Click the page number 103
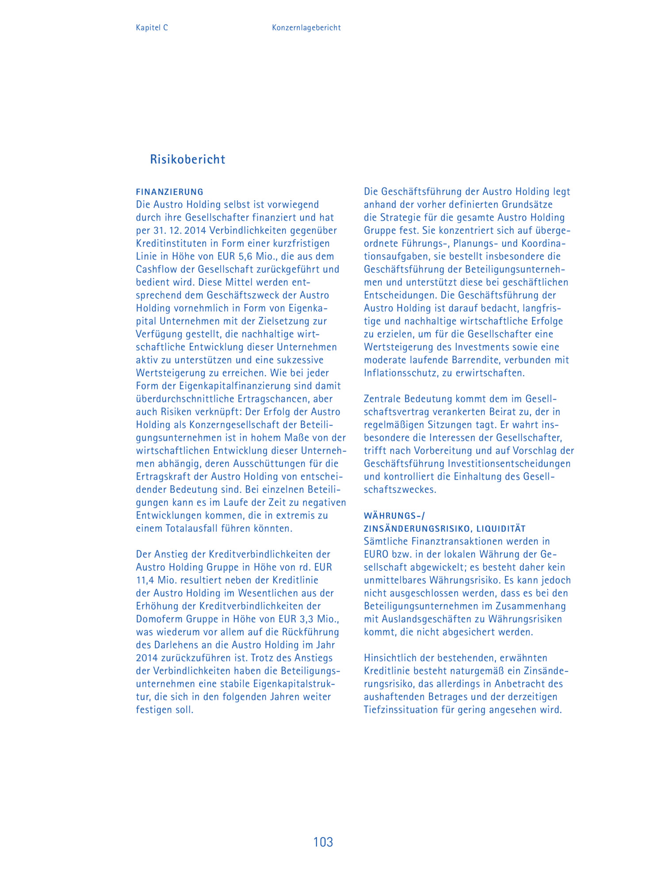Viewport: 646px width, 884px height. [323, 842]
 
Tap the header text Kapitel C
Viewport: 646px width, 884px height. [152, 28]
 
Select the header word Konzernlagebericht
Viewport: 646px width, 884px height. [306, 28]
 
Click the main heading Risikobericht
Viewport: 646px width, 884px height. [187, 159]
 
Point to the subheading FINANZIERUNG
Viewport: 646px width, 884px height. [170, 192]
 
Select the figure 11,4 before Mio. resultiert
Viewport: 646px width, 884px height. [145, 580]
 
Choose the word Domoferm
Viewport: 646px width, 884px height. [157, 619]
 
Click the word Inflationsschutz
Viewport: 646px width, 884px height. [401, 373]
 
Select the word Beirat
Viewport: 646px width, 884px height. [503, 412]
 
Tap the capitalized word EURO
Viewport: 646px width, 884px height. [377, 554]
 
